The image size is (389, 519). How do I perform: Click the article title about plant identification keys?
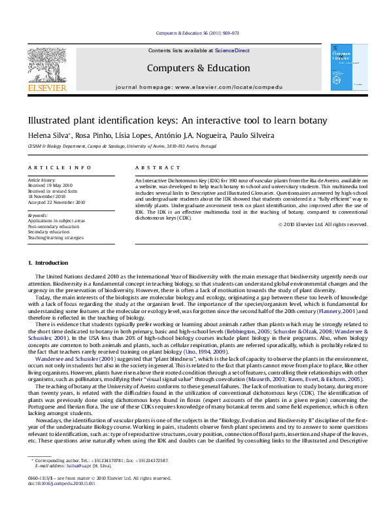[177, 122]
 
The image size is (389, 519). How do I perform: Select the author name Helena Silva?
[44, 135]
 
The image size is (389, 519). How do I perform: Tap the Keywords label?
[38, 214]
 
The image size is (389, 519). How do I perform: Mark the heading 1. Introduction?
[48, 263]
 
